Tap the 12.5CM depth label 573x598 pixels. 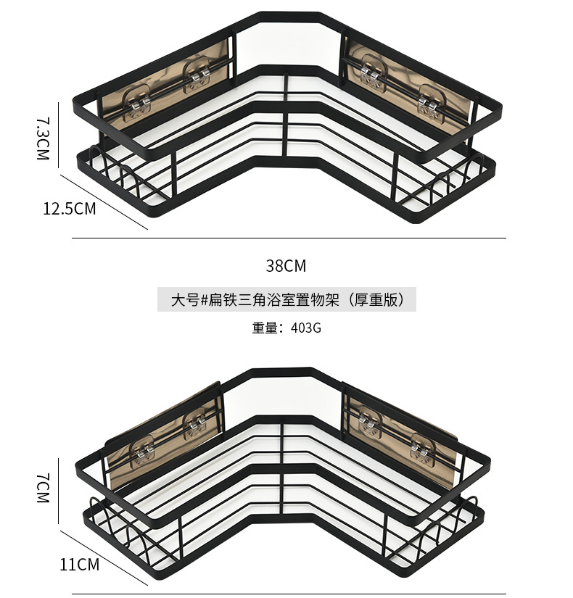(x=69, y=209)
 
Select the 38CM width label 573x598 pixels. (x=286, y=266)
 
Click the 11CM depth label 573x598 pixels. (x=79, y=564)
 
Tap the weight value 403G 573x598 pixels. (x=305, y=327)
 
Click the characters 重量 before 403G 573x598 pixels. (x=266, y=327)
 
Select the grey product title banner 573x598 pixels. (x=286, y=299)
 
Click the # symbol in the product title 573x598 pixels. (x=205, y=299)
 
